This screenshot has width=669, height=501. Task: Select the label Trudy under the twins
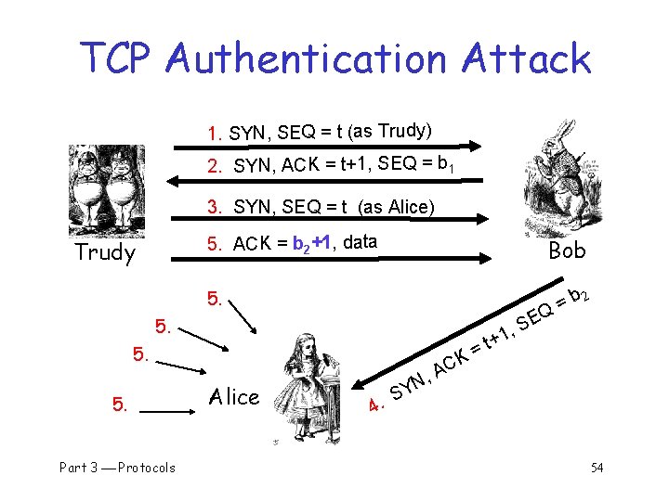(105, 252)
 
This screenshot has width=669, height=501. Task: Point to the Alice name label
(234, 397)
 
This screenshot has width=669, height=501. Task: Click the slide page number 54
(596, 467)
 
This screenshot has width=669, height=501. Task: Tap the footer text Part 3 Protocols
(117, 467)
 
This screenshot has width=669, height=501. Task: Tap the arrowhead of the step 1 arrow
(476, 145)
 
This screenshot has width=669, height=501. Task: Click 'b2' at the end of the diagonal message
(578, 296)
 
